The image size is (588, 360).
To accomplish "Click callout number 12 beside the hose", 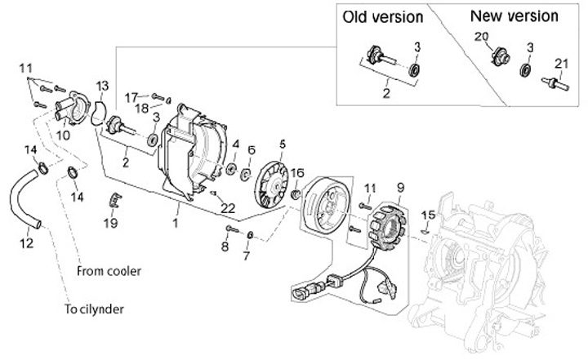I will pyautogui.click(x=27, y=242).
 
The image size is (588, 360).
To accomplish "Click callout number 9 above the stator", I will pyautogui.click(x=401, y=188).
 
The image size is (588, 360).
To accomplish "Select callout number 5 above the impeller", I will pyautogui.click(x=282, y=144).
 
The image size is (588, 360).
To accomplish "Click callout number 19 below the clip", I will pyautogui.click(x=110, y=222).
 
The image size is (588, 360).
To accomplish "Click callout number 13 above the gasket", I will pyautogui.click(x=101, y=86).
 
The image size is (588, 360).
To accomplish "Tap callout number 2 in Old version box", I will pyautogui.click(x=388, y=94).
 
